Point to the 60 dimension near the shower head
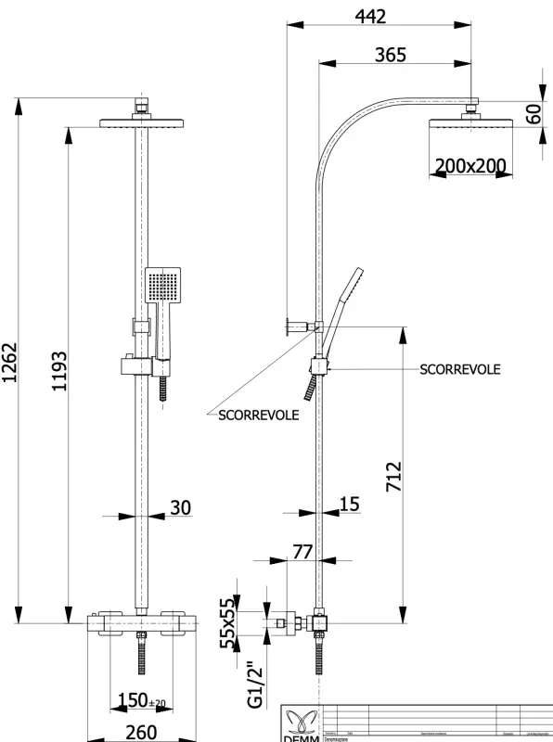[533, 114]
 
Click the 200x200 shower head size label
[470, 167]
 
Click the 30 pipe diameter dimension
[181, 507]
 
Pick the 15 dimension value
[349, 504]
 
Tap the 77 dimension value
[302, 552]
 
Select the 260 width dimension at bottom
[141, 732]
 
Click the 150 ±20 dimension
[141, 699]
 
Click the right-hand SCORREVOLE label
[460, 369]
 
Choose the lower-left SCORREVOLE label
[258, 416]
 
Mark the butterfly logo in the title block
[302, 720]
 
